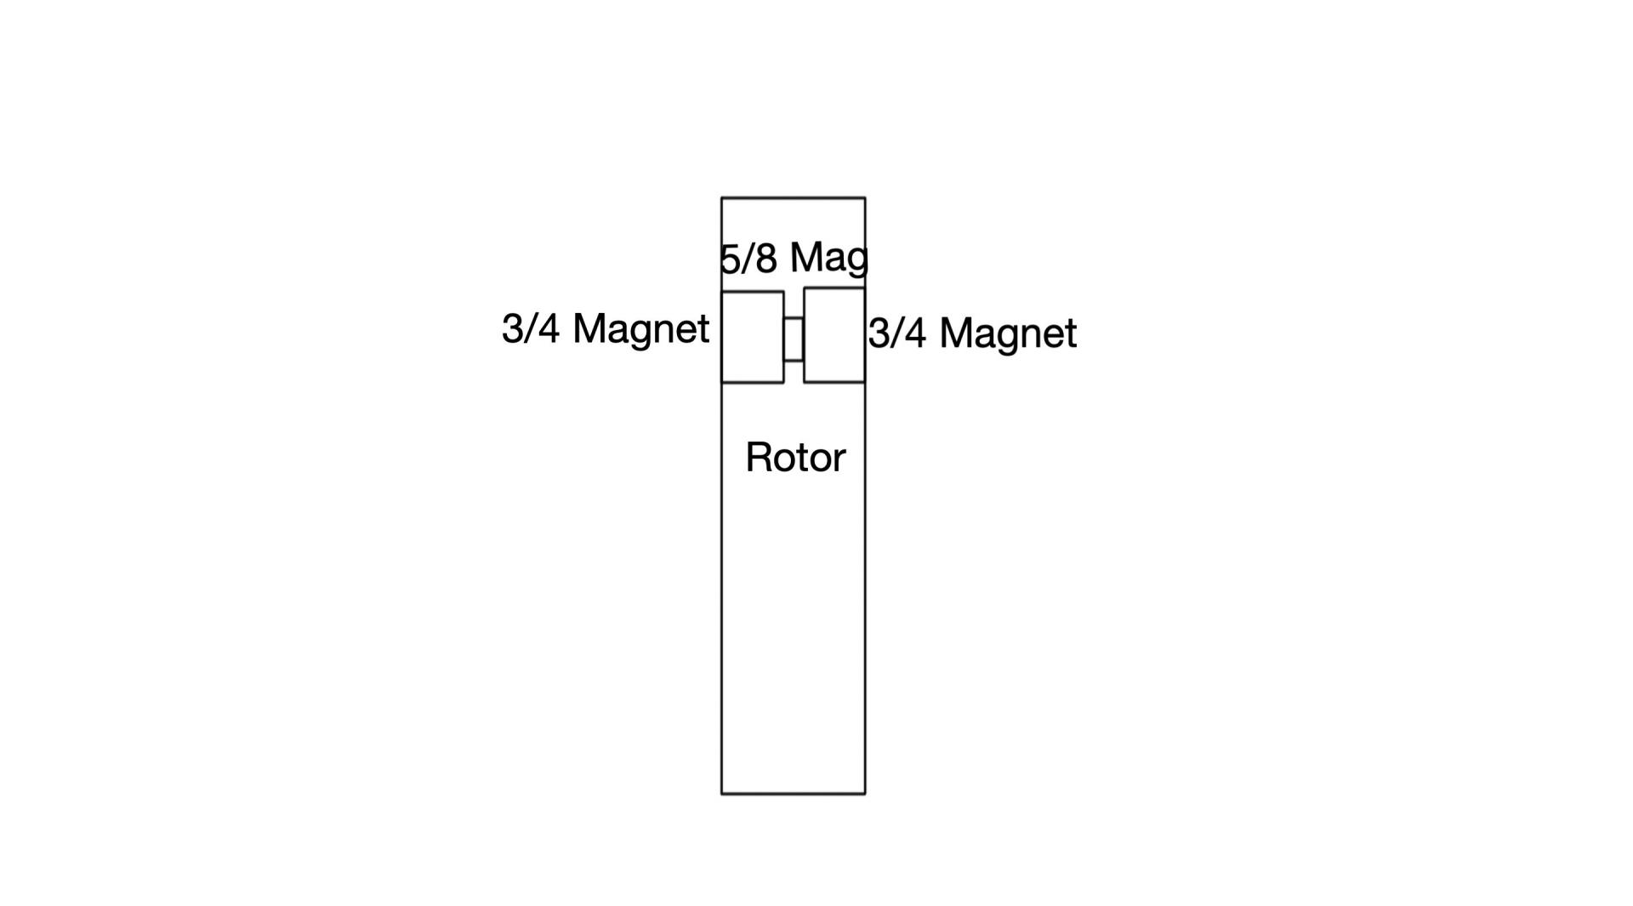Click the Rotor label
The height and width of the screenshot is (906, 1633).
795,458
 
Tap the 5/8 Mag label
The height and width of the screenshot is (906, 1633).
794,258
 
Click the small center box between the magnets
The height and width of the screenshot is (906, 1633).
794,339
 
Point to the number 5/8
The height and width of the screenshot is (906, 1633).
748,259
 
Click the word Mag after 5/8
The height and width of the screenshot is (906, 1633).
829,259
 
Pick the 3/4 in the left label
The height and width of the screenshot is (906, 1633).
531,328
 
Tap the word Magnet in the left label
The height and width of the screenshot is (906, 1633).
641,329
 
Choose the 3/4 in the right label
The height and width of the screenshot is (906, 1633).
897,333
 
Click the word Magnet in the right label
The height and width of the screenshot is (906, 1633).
1009,333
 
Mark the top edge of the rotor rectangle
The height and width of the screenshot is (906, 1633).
794,198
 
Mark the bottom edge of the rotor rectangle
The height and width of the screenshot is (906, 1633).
794,794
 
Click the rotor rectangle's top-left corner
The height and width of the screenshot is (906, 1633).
722,198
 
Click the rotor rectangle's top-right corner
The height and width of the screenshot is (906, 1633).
865,198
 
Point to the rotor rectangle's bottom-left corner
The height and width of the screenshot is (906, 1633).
722,794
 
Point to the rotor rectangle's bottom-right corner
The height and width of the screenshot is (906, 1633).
865,794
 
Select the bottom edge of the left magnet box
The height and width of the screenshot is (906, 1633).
753,382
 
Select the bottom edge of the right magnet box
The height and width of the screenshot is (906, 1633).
834,382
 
